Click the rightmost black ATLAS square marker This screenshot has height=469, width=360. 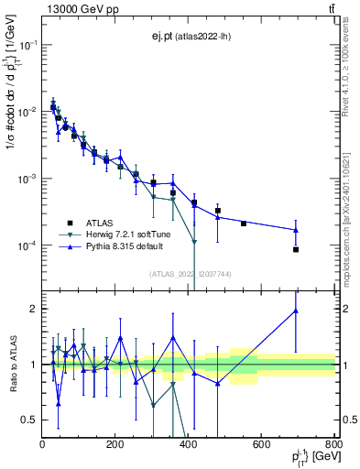296,249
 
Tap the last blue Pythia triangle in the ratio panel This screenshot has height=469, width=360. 296,311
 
